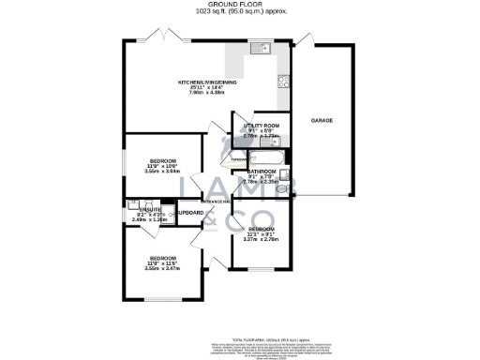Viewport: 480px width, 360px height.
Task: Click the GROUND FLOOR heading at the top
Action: (x=240, y=6)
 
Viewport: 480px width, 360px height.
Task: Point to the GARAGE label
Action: (x=323, y=120)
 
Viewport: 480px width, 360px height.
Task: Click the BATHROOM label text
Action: (x=261, y=172)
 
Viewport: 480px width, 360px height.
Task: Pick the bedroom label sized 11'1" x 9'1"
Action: (x=261, y=230)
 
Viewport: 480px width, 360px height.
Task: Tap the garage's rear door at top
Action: (x=305, y=41)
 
